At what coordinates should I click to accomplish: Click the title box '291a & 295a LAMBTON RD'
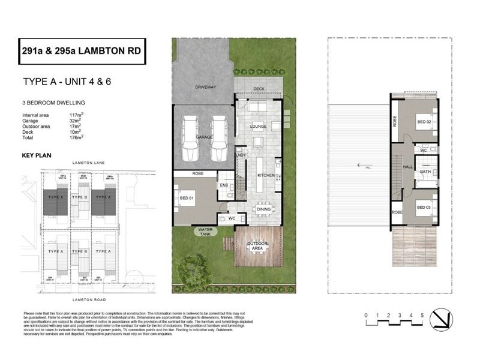(x=83, y=52)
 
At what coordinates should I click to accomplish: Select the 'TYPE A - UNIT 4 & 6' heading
(x=66, y=82)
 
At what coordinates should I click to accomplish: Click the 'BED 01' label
(x=186, y=199)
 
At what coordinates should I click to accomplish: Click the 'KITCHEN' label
(x=266, y=175)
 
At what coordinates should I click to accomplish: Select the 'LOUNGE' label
(x=258, y=127)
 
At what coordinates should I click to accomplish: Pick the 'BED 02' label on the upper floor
(x=424, y=121)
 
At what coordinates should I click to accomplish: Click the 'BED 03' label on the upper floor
(x=424, y=207)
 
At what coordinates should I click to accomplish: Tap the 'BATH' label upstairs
(x=425, y=172)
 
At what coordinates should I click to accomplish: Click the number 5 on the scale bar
(x=422, y=315)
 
